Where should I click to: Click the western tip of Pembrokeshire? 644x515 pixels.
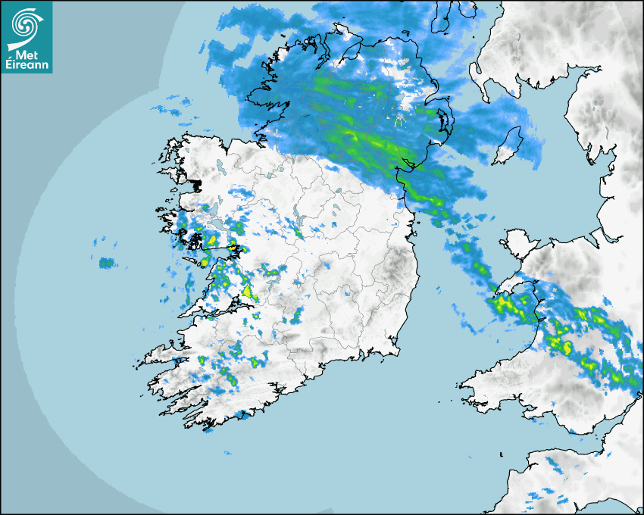click(x=460, y=388)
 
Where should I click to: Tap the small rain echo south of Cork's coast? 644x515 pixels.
click(x=244, y=415)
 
